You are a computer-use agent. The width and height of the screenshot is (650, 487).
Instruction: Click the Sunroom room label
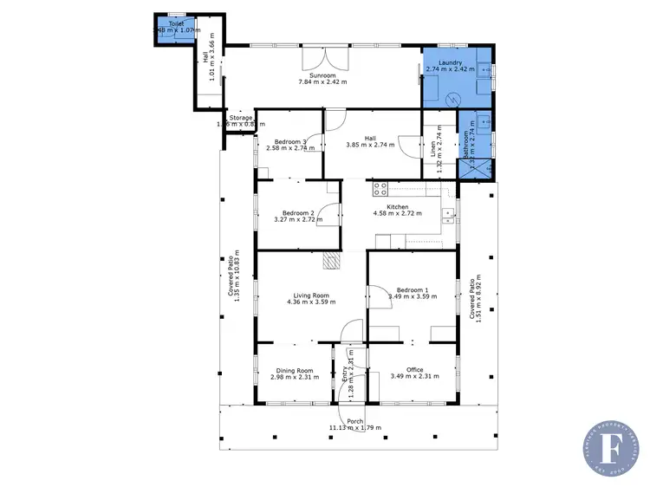point(322,75)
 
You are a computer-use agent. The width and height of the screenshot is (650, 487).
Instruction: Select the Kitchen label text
point(397,207)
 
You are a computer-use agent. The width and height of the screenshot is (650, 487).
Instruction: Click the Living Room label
point(310,295)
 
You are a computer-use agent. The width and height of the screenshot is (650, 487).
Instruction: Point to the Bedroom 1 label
point(412,290)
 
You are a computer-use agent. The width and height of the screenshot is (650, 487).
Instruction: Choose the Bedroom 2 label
point(291,213)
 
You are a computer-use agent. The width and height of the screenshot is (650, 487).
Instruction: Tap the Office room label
point(415,370)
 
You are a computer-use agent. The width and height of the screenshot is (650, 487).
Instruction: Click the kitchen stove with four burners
point(380,187)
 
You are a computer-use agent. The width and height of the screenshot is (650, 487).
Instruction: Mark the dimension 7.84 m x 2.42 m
point(322,82)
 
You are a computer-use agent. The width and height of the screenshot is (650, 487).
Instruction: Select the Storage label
point(241,118)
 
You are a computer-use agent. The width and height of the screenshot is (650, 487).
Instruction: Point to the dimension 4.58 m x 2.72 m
point(397,214)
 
